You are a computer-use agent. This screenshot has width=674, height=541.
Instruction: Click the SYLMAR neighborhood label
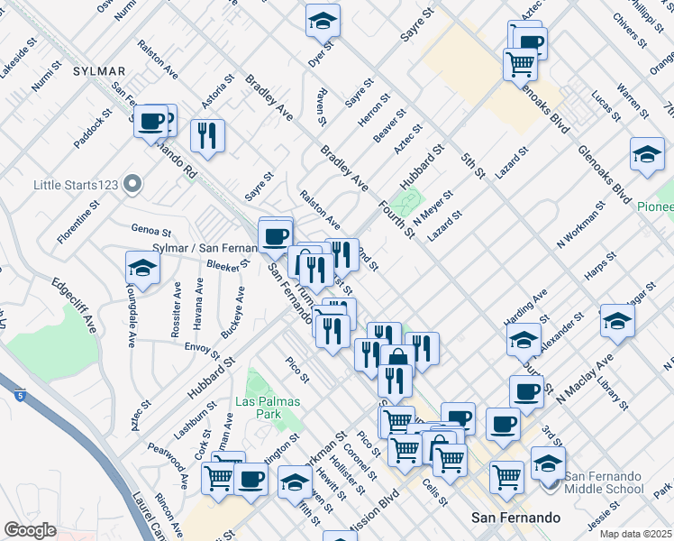coord(98,70)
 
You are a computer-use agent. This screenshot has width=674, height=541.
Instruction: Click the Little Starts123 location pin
coord(132,185)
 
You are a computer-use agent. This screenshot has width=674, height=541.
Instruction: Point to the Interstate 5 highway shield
coord(20,394)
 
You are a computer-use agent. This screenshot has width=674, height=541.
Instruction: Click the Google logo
coord(30,530)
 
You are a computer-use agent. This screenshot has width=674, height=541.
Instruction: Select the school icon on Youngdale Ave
coord(142,268)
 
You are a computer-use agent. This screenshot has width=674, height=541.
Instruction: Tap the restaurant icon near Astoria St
coord(207,136)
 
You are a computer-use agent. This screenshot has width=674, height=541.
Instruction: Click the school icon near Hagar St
coord(617,322)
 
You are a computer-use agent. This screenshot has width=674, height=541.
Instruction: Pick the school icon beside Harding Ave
coord(524,339)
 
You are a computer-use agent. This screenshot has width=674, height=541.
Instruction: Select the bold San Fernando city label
coord(516,518)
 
